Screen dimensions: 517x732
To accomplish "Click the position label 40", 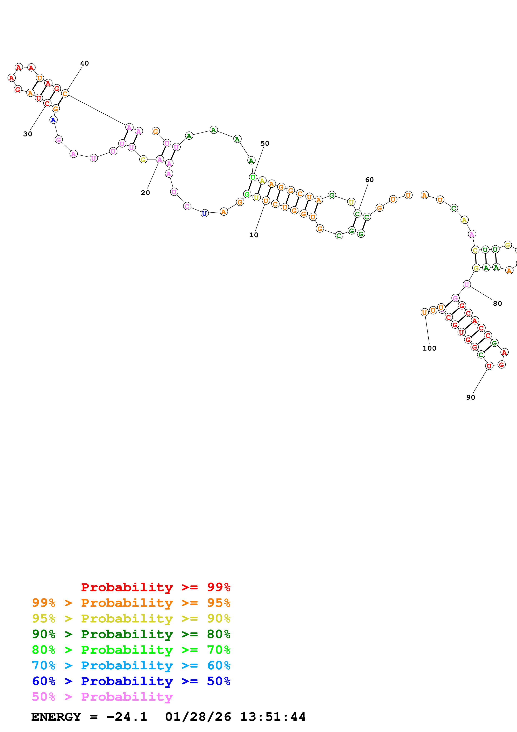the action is [84, 63].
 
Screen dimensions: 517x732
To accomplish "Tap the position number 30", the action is [28, 134].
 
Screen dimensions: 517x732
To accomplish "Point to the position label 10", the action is [254, 235].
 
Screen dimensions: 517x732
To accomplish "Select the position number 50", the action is [265, 144].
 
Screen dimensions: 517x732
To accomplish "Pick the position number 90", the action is [470, 397].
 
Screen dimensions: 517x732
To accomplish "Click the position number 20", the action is [145, 193].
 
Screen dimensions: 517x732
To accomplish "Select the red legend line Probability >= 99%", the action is [155, 587].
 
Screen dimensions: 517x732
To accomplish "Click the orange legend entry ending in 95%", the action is [131, 603].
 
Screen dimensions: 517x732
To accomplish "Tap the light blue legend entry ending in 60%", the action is [131, 665].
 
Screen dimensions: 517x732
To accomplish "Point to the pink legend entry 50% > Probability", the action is [102, 697].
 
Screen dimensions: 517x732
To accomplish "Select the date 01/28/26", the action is [198, 717].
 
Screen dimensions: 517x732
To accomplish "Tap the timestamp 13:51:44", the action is [273, 717].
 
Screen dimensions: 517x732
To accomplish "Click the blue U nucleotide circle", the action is [205, 213].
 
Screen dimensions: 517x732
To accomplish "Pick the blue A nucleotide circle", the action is [53, 120].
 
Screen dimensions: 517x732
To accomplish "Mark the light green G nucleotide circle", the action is [247, 194].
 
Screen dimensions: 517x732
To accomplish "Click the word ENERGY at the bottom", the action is [56, 717].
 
